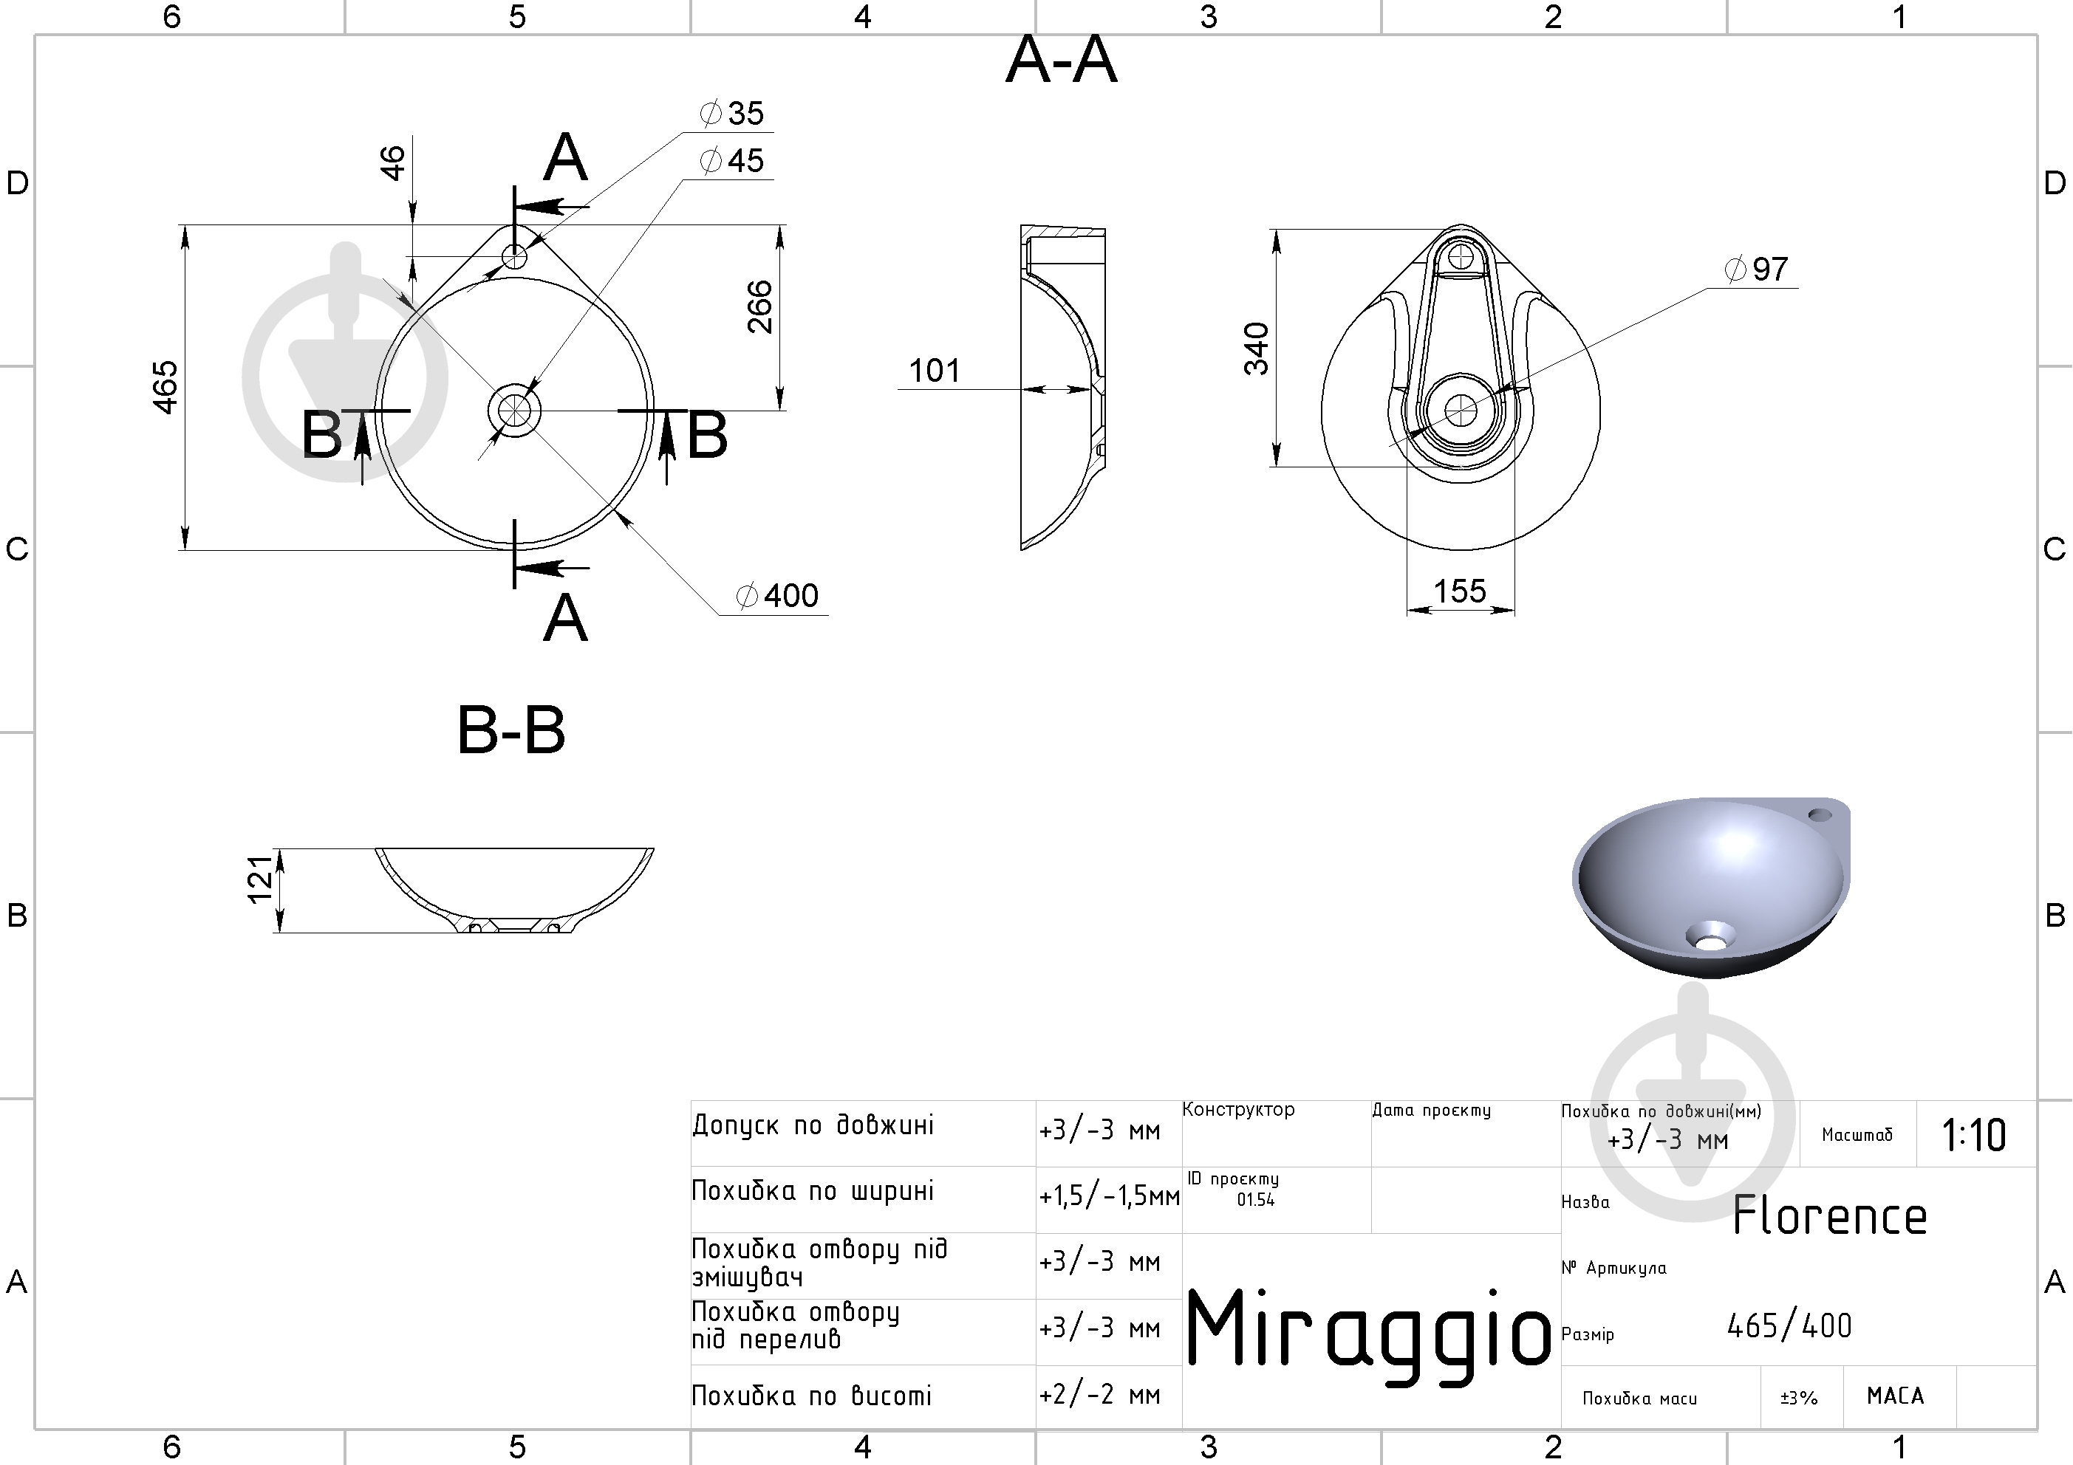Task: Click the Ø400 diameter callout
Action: [777, 596]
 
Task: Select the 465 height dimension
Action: [166, 387]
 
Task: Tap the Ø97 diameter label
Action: [1756, 269]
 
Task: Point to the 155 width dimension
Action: [1460, 591]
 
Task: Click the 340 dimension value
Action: [1257, 349]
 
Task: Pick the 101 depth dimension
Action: [935, 370]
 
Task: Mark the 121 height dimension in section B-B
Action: [260, 879]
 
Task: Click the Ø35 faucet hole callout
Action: [732, 114]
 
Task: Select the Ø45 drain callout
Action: [732, 161]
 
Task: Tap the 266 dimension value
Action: [760, 307]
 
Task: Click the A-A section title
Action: [1062, 61]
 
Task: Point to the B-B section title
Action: [512, 730]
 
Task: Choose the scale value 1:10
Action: [1974, 1136]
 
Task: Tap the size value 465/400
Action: [1789, 1326]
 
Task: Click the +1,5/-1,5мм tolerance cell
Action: [1110, 1197]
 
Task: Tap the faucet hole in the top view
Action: [515, 257]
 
